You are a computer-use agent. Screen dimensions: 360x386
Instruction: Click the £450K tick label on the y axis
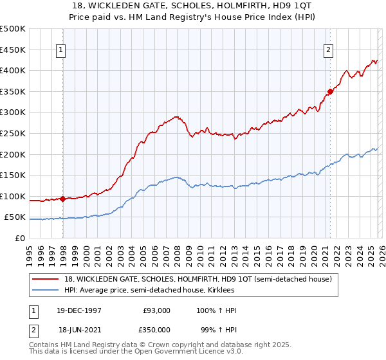(x=13, y=50)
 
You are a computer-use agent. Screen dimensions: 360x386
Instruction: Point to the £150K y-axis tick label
(x=13, y=175)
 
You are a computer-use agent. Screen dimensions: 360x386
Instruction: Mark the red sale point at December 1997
(x=62, y=199)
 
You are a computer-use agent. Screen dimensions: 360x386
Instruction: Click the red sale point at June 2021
(x=330, y=91)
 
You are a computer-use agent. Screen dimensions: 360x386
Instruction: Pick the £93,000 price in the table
(x=157, y=310)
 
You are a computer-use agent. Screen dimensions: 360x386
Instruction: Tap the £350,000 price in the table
(x=157, y=328)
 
